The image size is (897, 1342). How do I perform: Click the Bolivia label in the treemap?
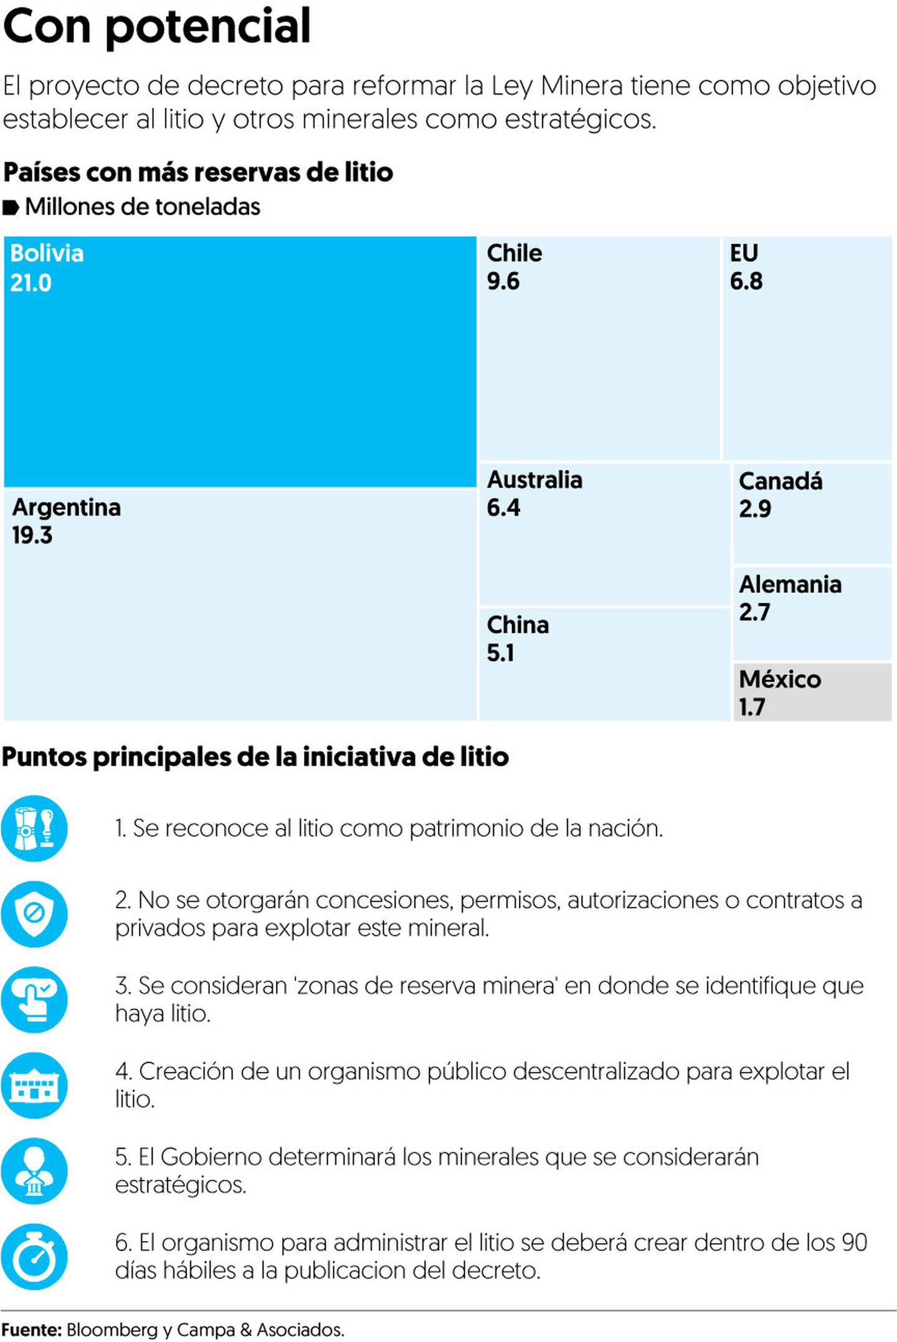(47, 253)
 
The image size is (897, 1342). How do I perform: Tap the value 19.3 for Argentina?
(32, 535)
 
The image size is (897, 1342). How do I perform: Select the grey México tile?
(812, 692)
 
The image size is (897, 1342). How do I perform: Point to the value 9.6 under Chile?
(503, 281)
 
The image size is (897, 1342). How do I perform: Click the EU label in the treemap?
(743, 253)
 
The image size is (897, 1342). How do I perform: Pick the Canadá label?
(780, 481)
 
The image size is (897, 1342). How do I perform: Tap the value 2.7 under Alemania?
(754, 612)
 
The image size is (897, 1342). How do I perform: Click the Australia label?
(534, 480)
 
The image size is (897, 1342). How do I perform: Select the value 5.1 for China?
(500, 653)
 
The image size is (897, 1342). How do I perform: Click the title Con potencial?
(156, 26)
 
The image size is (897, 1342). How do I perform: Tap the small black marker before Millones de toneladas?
(11, 207)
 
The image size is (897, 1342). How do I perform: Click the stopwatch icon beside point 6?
(34, 1256)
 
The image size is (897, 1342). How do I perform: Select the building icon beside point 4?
(34, 1085)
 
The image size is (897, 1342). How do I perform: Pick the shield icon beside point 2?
(34, 914)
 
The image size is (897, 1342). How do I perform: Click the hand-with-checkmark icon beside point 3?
(34, 999)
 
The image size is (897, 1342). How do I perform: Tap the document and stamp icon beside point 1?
(34, 828)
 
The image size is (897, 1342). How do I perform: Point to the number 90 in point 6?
(854, 1242)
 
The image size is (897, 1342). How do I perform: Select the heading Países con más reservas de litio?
(198, 172)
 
